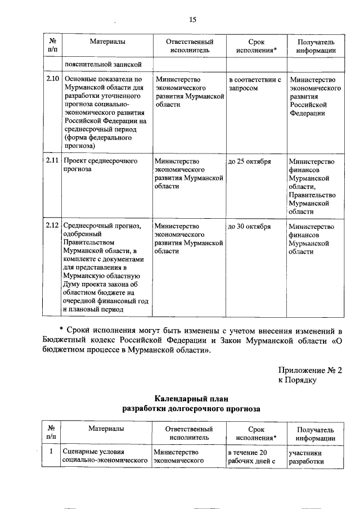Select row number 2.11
pyautogui.click(x=52, y=161)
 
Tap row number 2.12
pyautogui.click(x=52, y=226)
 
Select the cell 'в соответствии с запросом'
pyautogui.click(x=254, y=84)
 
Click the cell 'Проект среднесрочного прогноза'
pyautogui.click(x=100, y=165)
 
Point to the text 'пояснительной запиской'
pyautogui.click(x=99, y=64)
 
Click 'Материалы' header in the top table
pyautogui.click(x=107, y=42)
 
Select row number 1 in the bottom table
pyautogui.click(x=51, y=452)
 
